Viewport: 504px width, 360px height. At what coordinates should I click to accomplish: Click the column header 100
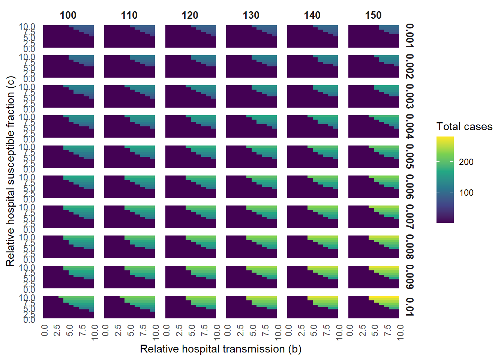pos(68,15)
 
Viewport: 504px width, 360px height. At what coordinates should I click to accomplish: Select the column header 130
pos(251,15)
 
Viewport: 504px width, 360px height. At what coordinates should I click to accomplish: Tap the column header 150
pos(373,15)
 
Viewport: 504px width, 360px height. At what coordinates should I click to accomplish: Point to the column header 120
pos(190,15)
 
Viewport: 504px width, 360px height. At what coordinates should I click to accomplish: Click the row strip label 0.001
pos(409,36)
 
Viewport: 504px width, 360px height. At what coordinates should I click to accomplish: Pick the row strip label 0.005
pos(409,156)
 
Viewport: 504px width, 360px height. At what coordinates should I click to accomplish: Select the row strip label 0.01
pos(409,307)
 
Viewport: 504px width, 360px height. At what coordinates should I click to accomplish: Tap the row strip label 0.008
pos(409,247)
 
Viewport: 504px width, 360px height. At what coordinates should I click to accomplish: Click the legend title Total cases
pos(464,127)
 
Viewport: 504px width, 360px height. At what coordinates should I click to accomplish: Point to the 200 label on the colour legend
pos(466,162)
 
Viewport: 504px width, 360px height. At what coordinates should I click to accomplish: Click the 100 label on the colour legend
pos(466,193)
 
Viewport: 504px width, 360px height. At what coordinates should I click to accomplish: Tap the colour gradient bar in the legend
pos(445,179)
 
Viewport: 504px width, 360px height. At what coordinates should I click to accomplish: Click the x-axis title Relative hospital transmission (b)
pos(220,349)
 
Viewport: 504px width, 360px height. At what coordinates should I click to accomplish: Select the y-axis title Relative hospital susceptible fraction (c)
pos(10,171)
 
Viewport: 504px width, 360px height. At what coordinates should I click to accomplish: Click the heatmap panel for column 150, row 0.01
pos(373,307)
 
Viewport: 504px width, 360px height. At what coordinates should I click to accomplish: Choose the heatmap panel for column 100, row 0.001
pos(68,36)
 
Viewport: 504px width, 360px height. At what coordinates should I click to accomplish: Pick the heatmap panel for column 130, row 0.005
pos(251,156)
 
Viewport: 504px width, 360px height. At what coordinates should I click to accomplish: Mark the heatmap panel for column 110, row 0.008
pos(129,247)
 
